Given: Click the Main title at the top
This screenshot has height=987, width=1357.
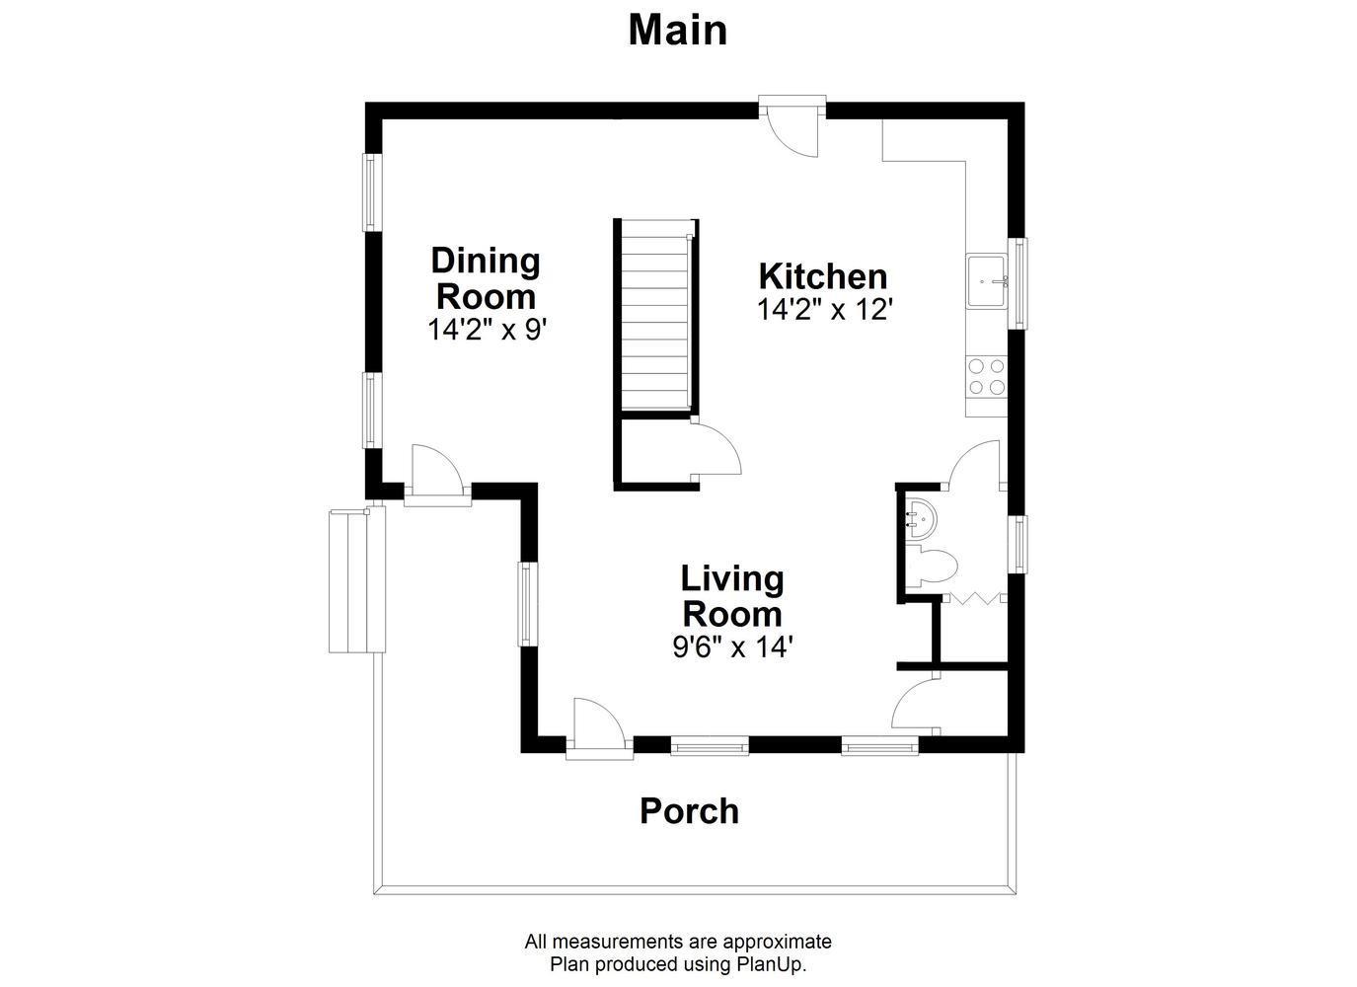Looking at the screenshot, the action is point(677,31).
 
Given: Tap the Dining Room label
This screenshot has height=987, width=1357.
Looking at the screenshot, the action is point(486,278).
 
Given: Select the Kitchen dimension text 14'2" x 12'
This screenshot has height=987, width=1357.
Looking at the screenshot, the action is point(825,310).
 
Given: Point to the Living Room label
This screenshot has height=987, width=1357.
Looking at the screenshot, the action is point(732,596).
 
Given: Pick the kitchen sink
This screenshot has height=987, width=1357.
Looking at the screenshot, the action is point(986,281).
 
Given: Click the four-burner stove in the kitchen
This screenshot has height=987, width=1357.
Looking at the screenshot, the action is point(986,376).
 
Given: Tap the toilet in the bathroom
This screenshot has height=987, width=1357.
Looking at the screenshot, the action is point(936,566).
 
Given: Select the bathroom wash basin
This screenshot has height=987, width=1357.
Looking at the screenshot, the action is point(921,518).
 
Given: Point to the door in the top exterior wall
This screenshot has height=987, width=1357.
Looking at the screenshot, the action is point(792,126).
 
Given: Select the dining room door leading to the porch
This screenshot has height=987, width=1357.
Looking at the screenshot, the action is point(437,476).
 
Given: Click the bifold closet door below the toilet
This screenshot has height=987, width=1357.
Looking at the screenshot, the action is point(975,599).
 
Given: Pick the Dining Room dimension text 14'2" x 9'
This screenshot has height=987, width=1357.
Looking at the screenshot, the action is point(488,330).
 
